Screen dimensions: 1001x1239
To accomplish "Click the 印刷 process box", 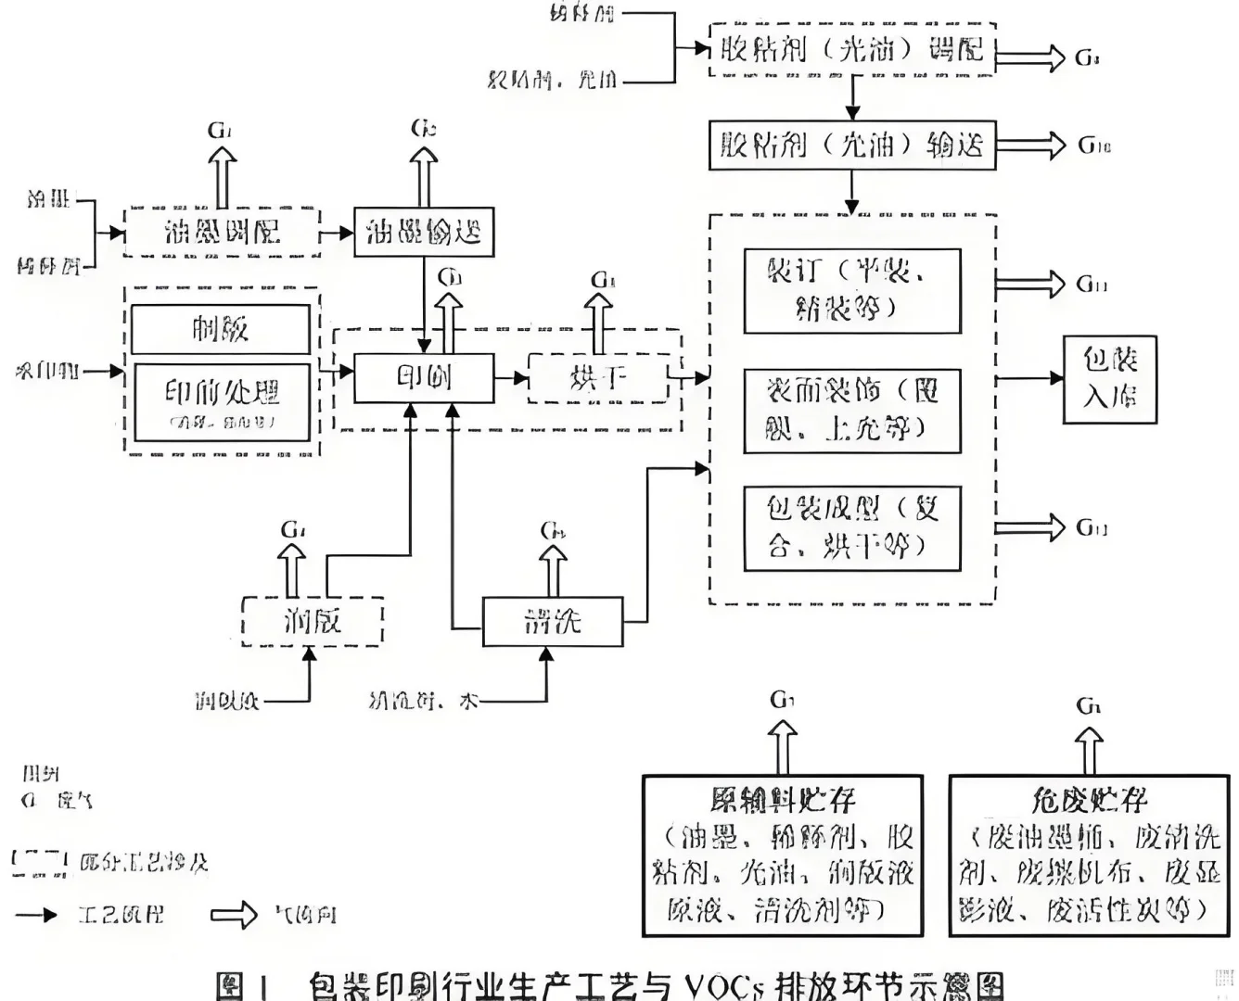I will coord(424,377).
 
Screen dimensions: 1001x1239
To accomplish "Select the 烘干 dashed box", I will coord(598,377).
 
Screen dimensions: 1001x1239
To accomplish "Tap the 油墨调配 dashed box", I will coord(223,232).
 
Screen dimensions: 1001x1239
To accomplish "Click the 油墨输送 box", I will coord(424,232).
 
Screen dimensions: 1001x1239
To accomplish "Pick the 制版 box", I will coord(221,329).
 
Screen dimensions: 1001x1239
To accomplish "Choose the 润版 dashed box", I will coord(312,620).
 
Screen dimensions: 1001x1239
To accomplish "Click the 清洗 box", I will coord(553,621).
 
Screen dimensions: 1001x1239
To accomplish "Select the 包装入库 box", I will coord(1109,378).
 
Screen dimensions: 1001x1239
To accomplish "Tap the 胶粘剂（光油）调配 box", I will coord(852,49).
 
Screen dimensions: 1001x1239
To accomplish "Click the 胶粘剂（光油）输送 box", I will coord(852,145).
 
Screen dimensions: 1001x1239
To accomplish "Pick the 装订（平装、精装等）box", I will coord(852,290).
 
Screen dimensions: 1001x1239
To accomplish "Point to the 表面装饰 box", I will coord(852,410).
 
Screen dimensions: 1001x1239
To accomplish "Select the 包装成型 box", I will coord(852,528).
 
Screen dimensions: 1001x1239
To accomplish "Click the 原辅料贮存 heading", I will coord(783,799).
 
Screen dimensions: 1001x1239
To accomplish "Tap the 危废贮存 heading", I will coord(1089,799).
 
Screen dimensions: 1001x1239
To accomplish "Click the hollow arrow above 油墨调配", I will coord(223,176).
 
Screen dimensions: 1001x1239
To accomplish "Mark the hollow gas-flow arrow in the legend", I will coord(234,916).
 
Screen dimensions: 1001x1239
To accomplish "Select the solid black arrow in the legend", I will coord(37,916).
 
